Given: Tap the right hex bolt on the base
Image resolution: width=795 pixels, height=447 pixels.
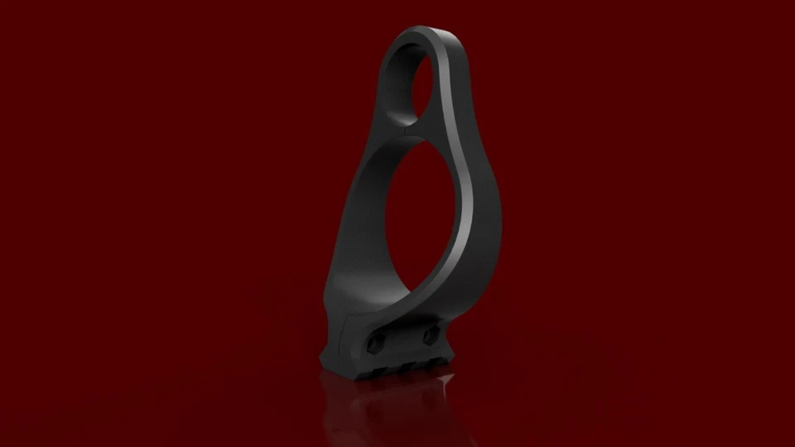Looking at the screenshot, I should coord(430,335).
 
